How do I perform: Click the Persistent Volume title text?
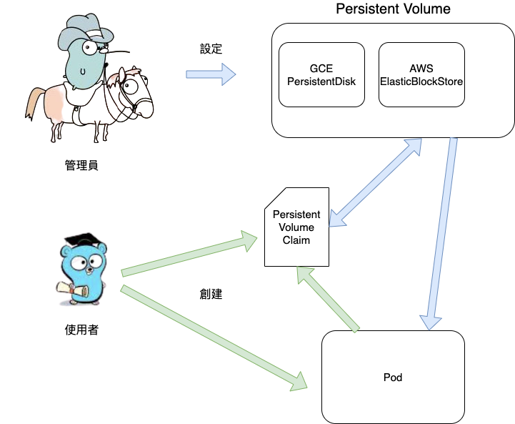pos(393,9)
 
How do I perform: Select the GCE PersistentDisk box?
pos(321,75)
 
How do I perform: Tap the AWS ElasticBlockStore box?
pos(421,75)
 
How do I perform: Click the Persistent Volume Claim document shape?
pos(296,227)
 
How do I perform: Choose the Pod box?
pos(393,377)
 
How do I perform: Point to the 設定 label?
pos(211,50)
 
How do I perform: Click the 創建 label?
pos(211,293)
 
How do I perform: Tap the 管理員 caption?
pos(81,166)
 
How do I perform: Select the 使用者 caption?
pos(81,330)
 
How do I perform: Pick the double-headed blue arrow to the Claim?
pos(379,182)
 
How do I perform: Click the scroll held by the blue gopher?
pos(71,290)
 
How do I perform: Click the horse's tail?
pos(31,104)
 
